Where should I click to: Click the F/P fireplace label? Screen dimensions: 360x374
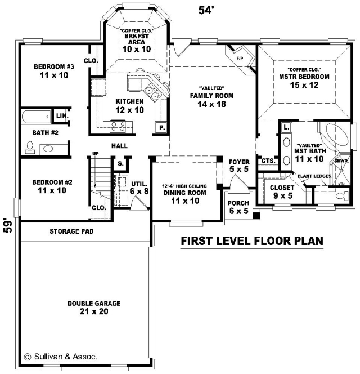[240, 59]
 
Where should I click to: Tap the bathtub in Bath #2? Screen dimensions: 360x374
[36, 117]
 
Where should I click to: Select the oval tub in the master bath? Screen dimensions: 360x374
[335, 135]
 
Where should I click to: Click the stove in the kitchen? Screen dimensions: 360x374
[118, 126]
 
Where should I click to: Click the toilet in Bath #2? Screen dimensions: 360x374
[30, 148]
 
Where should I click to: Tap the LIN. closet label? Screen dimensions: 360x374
[62, 116]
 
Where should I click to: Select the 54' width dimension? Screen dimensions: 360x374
[205, 10]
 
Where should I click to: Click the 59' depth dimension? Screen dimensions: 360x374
[8, 225]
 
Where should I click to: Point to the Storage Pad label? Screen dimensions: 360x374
[71, 231]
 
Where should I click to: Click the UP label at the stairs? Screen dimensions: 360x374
[95, 154]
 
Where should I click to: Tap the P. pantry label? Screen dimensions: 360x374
[162, 128]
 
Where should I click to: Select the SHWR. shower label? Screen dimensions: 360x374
[341, 161]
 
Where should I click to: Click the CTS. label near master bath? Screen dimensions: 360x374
[268, 161]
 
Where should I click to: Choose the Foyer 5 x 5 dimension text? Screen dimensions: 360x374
[239, 169]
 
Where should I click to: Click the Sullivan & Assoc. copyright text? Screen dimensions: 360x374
[61, 357]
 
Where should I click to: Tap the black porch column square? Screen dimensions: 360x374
[256, 215]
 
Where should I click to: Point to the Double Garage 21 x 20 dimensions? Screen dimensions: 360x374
[94, 311]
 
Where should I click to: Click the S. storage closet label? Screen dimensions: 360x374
[121, 164]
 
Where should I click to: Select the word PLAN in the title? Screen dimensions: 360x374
[309, 241]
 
